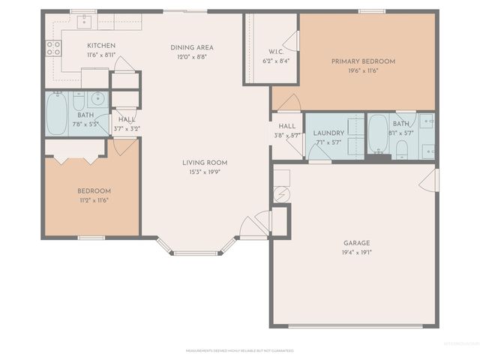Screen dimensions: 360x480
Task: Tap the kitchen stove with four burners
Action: (x=53, y=48)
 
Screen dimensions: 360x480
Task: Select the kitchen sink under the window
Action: (x=84, y=20)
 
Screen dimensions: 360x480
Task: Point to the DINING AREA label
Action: (x=193, y=46)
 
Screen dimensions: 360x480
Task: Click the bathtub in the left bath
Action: (x=56, y=112)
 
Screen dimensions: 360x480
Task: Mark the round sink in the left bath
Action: (x=97, y=98)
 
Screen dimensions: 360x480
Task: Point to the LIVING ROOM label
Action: (x=205, y=163)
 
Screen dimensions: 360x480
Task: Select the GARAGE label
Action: (x=357, y=242)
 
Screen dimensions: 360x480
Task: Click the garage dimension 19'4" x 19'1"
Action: (x=357, y=252)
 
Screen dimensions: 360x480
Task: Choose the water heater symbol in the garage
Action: (x=281, y=195)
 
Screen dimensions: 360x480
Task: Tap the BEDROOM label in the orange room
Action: (x=94, y=190)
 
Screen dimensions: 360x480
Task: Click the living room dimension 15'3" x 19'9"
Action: (x=205, y=172)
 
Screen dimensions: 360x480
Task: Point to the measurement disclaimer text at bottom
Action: (x=239, y=349)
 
